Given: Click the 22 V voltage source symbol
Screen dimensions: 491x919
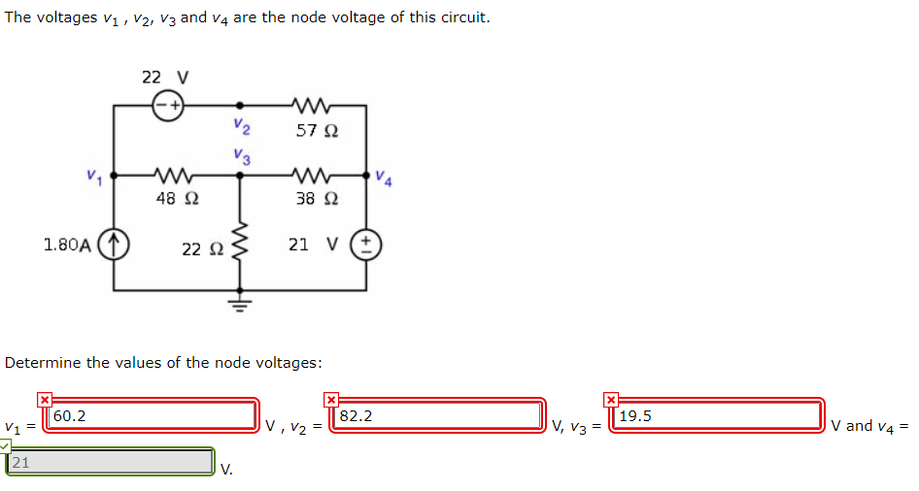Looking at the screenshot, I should click(x=167, y=104).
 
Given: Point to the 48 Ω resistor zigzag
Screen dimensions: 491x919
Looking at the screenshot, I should click(x=172, y=176).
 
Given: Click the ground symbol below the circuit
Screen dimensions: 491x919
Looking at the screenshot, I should click(x=240, y=303).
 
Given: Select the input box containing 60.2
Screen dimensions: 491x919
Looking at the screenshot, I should click(x=153, y=415).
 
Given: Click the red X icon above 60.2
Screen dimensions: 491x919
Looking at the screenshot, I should click(x=44, y=399).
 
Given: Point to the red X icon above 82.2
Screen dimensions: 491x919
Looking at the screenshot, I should click(x=331, y=399).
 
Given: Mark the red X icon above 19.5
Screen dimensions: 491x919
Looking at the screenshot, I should click(x=611, y=399).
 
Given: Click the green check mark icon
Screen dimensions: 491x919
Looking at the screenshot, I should click(x=5, y=446).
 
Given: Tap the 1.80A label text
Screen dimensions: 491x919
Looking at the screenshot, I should click(x=67, y=245).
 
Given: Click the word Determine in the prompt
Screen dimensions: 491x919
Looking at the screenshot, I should click(x=43, y=363).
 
